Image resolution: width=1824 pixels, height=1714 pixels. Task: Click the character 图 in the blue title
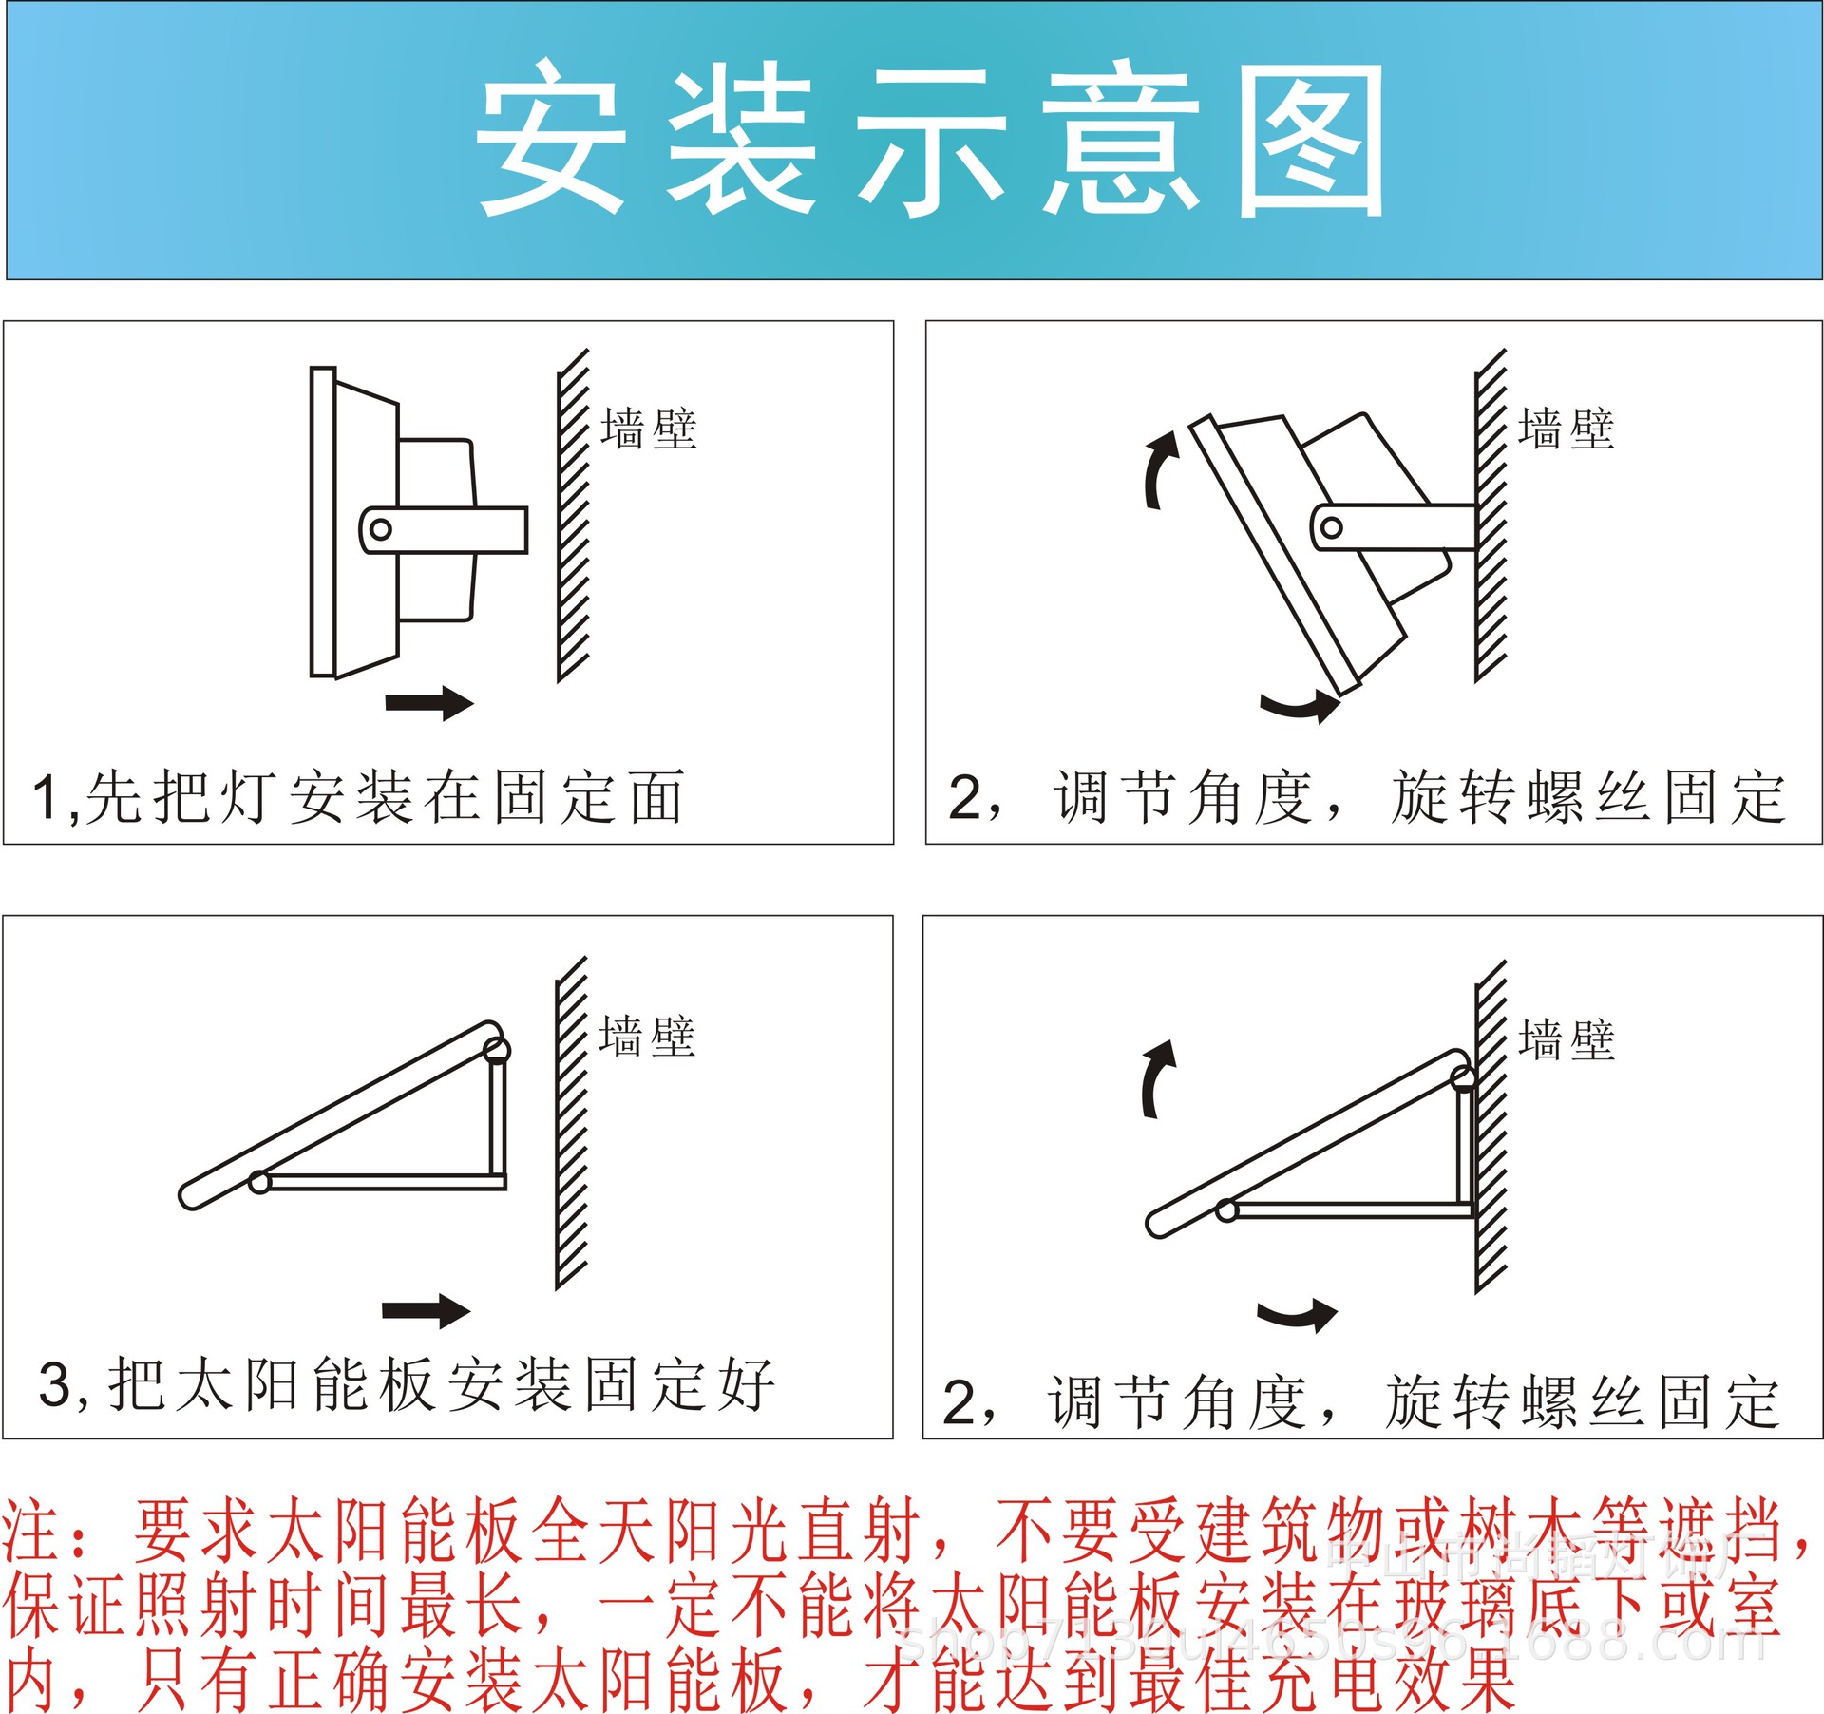1311,141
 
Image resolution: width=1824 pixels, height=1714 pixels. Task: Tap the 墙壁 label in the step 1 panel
649,428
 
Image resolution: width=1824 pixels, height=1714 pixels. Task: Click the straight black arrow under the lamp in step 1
429,703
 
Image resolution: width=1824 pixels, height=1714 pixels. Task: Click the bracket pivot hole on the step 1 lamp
381,529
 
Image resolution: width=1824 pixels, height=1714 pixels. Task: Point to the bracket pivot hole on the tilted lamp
1332,527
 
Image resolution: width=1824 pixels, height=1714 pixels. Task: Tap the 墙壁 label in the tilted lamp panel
1567,428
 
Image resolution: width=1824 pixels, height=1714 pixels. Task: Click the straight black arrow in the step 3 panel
426,1311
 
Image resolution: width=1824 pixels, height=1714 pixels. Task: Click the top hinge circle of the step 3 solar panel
497,1050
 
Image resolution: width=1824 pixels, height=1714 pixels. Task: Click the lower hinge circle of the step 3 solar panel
259,1182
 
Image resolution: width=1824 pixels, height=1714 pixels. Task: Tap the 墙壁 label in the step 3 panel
647,1037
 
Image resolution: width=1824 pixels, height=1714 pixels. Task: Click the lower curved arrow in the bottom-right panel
1297,1315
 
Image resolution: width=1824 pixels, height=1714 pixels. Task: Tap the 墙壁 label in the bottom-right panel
1567,1039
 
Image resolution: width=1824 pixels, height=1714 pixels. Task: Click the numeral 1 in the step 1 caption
46,796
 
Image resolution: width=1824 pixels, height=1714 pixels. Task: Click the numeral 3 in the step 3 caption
55,1384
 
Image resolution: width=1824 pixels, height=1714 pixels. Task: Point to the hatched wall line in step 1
572,515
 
